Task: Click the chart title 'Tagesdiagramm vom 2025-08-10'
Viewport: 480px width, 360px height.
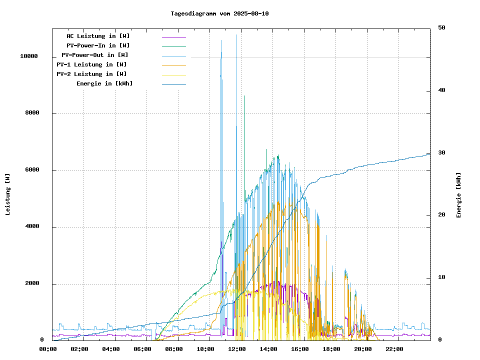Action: [219, 13]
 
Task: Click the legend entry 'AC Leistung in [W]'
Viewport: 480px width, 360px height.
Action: [98, 36]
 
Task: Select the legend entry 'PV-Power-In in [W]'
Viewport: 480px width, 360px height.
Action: [98, 45]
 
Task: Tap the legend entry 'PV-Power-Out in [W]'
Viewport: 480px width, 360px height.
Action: [95, 55]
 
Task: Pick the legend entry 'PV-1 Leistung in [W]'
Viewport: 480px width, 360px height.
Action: [91, 64]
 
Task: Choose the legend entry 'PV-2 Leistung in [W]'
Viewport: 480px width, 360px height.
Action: [91, 74]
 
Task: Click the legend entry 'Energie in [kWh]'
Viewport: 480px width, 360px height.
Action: [104, 83]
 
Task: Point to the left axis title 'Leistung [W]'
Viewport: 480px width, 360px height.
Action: [8, 194]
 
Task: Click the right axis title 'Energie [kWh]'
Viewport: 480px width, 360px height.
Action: [458, 195]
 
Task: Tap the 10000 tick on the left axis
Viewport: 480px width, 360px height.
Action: [29, 56]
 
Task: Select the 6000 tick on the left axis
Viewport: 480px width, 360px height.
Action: [32, 170]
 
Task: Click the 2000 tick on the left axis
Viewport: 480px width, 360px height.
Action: [32, 284]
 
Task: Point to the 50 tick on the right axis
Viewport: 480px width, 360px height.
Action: [441, 28]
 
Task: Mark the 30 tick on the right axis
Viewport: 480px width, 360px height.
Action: [441, 153]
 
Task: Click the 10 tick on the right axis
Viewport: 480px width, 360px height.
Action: [441, 277]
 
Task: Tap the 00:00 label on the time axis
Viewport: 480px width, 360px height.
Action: [47, 349]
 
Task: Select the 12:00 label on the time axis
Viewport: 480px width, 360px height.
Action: [236, 349]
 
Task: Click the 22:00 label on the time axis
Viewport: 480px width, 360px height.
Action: [394, 349]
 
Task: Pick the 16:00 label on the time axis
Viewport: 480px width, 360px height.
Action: [299, 349]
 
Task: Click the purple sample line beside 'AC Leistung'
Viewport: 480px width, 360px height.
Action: [174, 36]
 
